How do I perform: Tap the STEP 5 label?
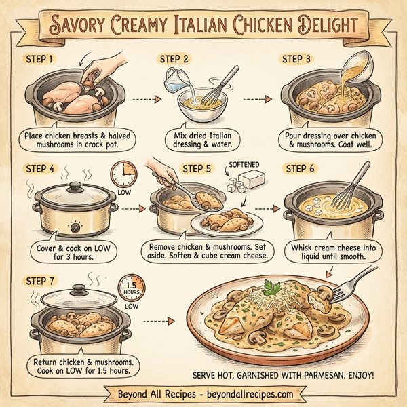point(197,168)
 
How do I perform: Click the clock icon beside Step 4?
point(123,174)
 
